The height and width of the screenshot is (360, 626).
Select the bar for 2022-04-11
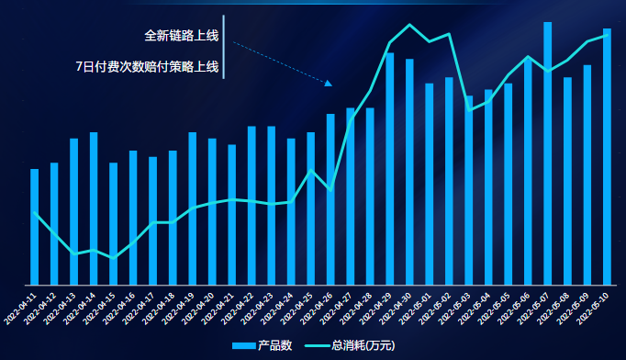pos(35,227)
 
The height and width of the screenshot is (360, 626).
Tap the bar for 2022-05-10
pos(607,156)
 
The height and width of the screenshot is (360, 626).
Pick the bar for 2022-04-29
pos(390,169)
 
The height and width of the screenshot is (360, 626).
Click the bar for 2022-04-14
pos(94,208)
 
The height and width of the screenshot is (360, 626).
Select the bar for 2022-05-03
pos(469,190)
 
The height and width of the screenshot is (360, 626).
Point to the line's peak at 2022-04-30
pos(409,25)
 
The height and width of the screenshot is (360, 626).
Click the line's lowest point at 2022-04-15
pos(114,258)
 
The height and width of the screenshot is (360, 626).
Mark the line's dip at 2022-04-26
pos(330,189)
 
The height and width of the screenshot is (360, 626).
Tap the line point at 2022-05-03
pos(469,110)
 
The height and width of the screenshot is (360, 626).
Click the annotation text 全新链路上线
pos(182,36)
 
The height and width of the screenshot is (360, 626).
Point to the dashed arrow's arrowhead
pos(329,84)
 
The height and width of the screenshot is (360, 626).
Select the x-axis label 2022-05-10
pos(594,304)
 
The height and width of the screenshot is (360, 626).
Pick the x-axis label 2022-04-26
pos(318,304)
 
